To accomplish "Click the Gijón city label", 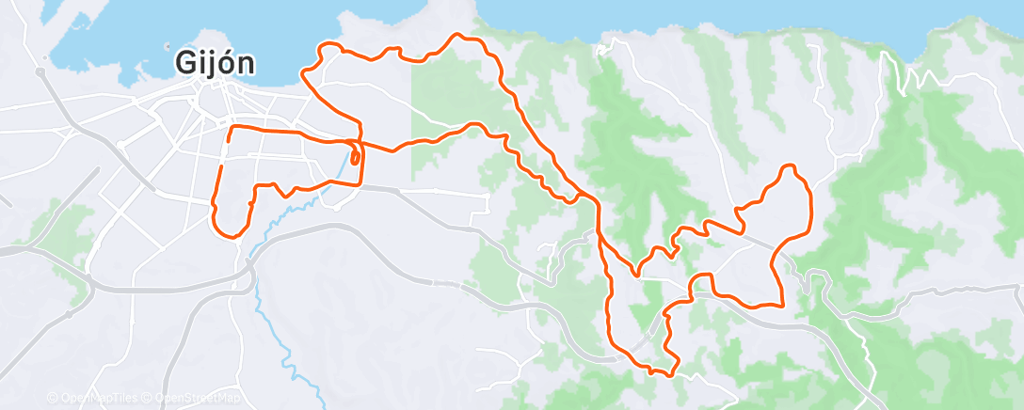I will pos(214,62).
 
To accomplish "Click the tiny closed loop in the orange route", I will pos(355,156).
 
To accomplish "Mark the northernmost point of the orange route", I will pos(459,36).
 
